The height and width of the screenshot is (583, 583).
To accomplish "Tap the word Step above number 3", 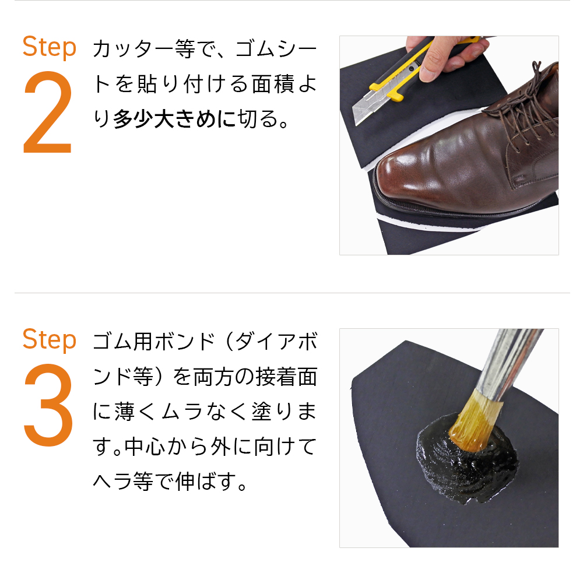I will (50, 340).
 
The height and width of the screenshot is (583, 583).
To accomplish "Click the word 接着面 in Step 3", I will (286, 377).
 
